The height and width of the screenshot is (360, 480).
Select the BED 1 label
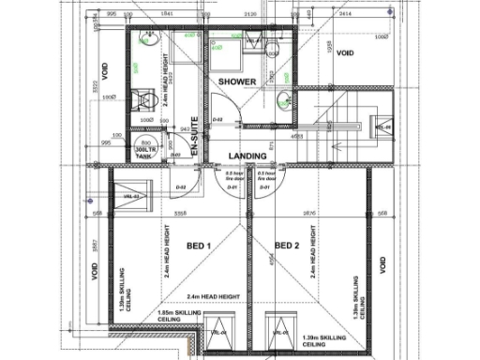click(x=200, y=246)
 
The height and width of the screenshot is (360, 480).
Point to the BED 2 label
click(x=287, y=246)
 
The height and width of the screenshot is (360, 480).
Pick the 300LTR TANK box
click(x=146, y=154)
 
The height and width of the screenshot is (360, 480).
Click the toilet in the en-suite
click(x=143, y=97)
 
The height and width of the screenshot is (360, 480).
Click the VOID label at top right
click(x=344, y=53)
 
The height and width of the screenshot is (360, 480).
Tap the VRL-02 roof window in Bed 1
click(x=130, y=196)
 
